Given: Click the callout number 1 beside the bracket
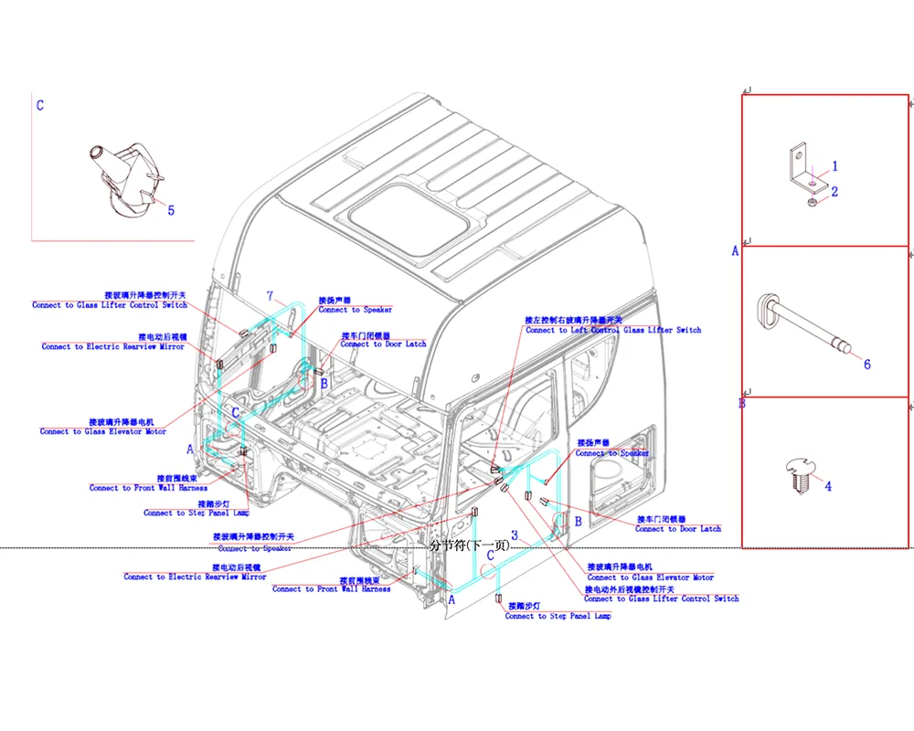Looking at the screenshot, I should pyautogui.click(x=834, y=166).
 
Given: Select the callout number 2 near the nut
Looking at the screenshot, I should pyautogui.click(x=834, y=191).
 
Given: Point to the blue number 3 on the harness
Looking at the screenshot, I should pyautogui.click(x=515, y=535).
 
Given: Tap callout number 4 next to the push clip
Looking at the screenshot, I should pyautogui.click(x=828, y=486).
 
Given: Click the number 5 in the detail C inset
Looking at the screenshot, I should pyautogui.click(x=170, y=210).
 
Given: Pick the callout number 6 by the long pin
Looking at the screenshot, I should pyautogui.click(x=866, y=364).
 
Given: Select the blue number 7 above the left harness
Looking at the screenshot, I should pyautogui.click(x=270, y=295).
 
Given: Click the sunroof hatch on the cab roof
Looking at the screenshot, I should pyautogui.click(x=411, y=217).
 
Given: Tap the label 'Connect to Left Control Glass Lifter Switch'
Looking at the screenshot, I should pyautogui.click(x=613, y=330).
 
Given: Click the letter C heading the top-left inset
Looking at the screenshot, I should pyautogui.click(x=39, y=105).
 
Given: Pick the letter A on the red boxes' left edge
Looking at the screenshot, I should pyautogui.click(x=735, y=250).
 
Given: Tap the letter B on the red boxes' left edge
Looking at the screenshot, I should pyautogui.click(x=742, y=403).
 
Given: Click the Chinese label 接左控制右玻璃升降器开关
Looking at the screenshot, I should pyautogui.click(x=573, y=320).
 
